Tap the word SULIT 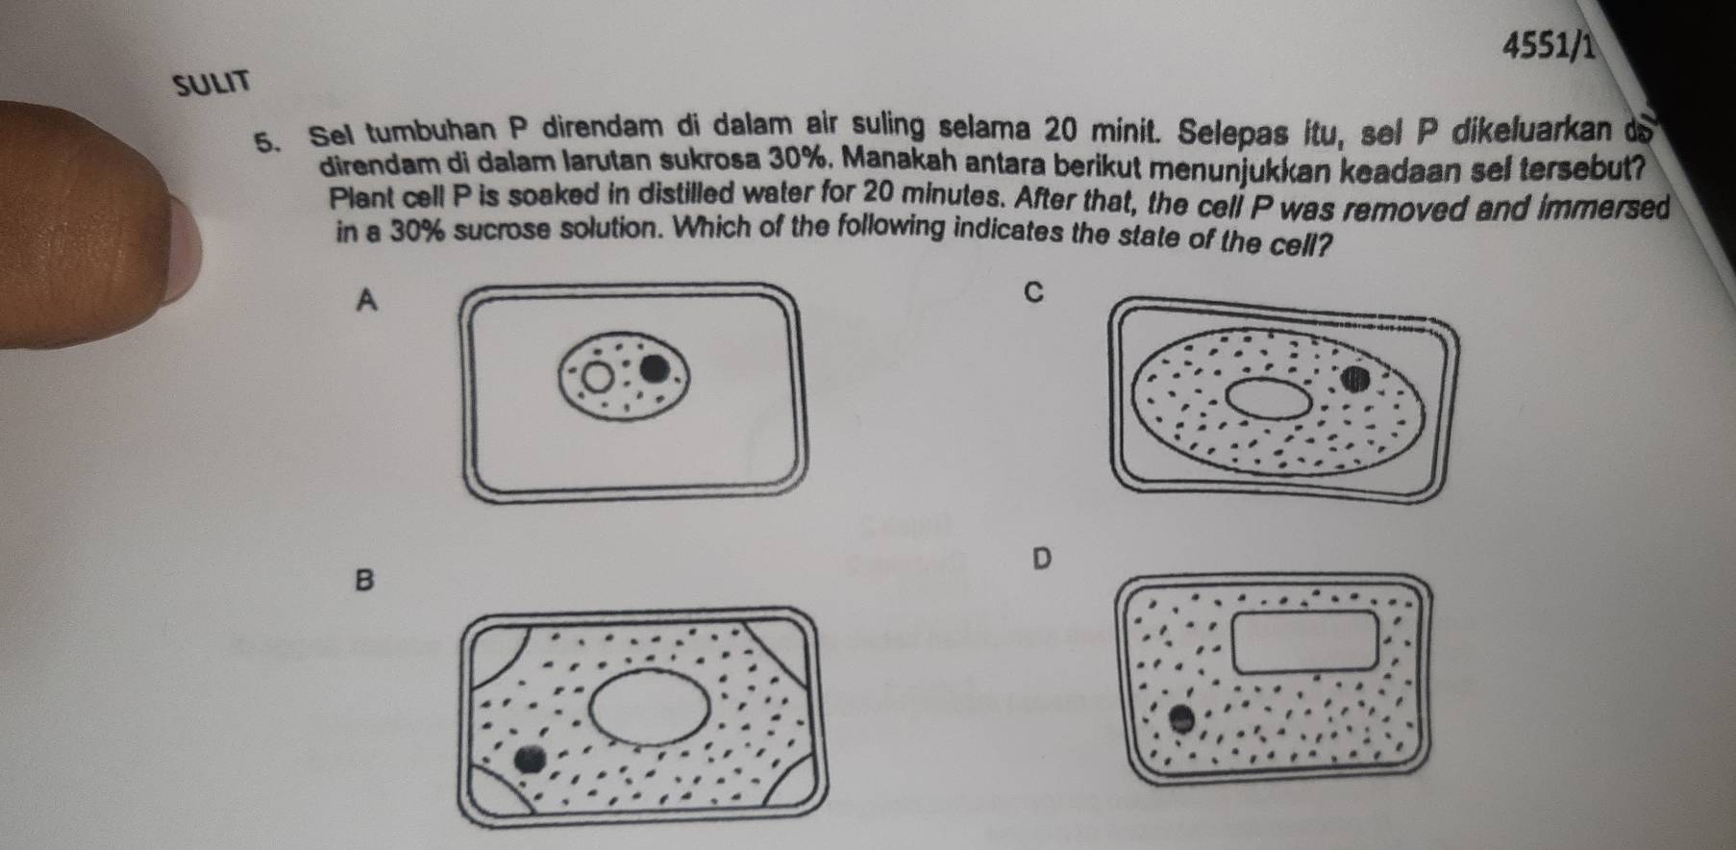211,84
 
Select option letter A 365,301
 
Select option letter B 362,580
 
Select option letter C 1033,292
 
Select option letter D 1041,558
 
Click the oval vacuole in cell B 650,710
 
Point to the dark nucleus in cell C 1356,378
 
